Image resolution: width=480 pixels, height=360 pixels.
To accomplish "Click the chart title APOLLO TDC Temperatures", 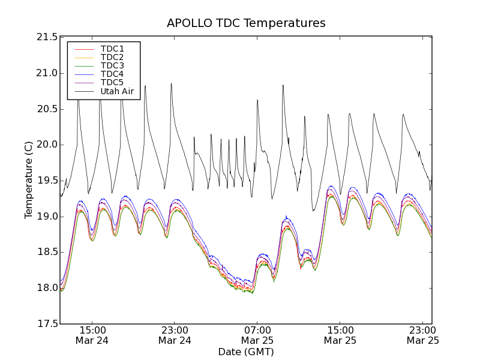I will click(x=246, y=23).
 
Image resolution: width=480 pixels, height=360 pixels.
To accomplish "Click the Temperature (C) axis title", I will click(x=29, y=180).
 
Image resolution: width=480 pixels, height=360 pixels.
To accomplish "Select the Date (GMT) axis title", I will click(x=246, y=352).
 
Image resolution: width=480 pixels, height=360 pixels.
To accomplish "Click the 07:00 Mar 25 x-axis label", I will click(x=257, y=334).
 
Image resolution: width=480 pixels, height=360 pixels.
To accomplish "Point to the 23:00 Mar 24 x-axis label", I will click(x=175, y=334).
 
